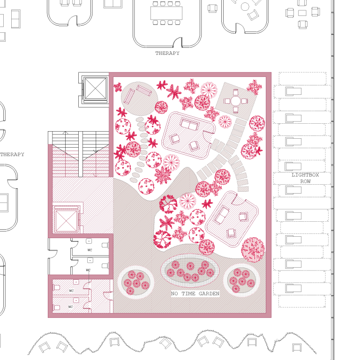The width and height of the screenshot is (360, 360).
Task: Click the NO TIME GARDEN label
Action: coord(195,293)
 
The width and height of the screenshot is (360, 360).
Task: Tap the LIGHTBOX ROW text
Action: coord(305,178)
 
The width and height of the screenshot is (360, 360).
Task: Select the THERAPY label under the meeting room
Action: coord(167,53)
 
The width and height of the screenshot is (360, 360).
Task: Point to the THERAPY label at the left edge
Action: coord(12,154)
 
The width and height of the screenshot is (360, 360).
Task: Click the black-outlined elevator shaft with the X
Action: coord(95,89)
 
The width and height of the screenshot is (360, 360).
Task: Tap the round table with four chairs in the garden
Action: coord(236,101)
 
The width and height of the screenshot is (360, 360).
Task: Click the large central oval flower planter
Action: coord(190,270)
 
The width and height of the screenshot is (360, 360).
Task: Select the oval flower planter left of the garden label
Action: coord(135,282)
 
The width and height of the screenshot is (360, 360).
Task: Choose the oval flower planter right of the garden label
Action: coord(241,280)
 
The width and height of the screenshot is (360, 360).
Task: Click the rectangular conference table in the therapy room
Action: coord(166,13)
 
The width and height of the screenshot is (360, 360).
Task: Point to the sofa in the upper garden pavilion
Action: coord(190,124)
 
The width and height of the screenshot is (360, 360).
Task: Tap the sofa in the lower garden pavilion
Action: coord(221,215)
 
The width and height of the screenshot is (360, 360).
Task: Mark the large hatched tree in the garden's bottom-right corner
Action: coord(253,250)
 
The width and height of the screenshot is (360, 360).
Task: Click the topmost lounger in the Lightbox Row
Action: coord(293,91)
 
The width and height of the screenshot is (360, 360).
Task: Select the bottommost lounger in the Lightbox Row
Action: coord(293,288)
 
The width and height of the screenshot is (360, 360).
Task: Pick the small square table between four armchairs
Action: coord(302,13)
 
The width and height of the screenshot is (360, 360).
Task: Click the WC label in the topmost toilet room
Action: coord(90,250)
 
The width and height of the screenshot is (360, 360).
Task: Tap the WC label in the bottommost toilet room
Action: coord(70,307)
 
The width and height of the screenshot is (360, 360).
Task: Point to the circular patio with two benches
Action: coord(139,99)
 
